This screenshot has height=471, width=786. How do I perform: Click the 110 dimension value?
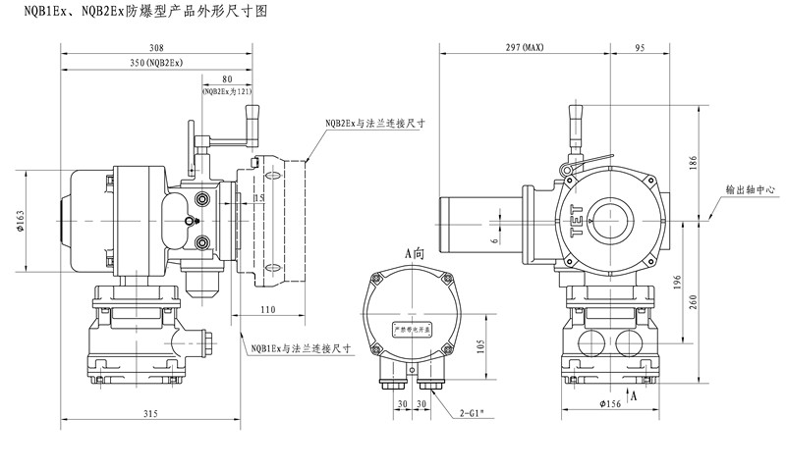[268, 309]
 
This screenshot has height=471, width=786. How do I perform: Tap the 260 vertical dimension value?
[695, 302]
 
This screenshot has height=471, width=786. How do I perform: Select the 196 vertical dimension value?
[677, 282]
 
